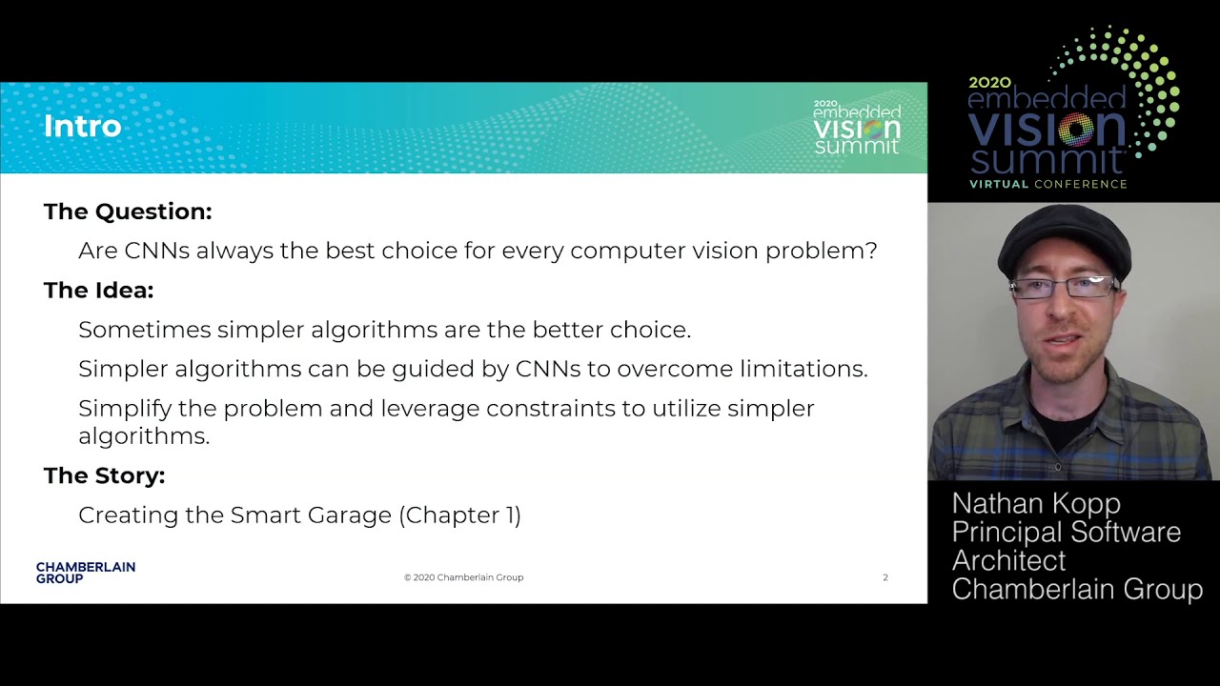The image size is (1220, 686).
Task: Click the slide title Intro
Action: [82, 127]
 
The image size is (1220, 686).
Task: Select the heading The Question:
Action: [128, 212]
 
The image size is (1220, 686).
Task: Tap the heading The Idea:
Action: [98, 291]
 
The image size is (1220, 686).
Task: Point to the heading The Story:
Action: [105, 475]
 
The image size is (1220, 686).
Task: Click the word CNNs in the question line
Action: [157, 251]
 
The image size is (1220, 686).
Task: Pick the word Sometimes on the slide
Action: [145, 330]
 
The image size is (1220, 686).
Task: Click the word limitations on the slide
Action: [803, 369]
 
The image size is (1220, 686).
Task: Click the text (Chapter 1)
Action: [459, 515]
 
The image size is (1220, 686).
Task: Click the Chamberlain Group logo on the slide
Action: [86, 573]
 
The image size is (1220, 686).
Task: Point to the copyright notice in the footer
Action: [463, 577]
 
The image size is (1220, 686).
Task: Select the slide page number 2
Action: [885, 577]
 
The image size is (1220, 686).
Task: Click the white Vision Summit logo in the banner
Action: [857, 127]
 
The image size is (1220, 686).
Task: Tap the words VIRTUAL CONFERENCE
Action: [1047, 184]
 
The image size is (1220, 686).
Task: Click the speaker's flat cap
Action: [1065, 239]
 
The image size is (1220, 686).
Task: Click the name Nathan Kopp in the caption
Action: [1036, 503]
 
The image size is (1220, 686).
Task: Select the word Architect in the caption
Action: [1008, 561]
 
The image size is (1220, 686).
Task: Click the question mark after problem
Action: [871, 251]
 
